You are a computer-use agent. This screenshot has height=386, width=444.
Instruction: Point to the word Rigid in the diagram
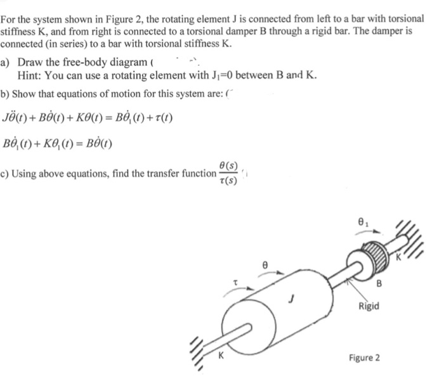(x=369, y=307)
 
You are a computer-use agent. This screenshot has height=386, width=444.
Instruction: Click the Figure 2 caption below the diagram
(x=364, y=358)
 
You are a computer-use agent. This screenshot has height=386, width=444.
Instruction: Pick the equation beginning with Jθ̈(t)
(x=88, y=119)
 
